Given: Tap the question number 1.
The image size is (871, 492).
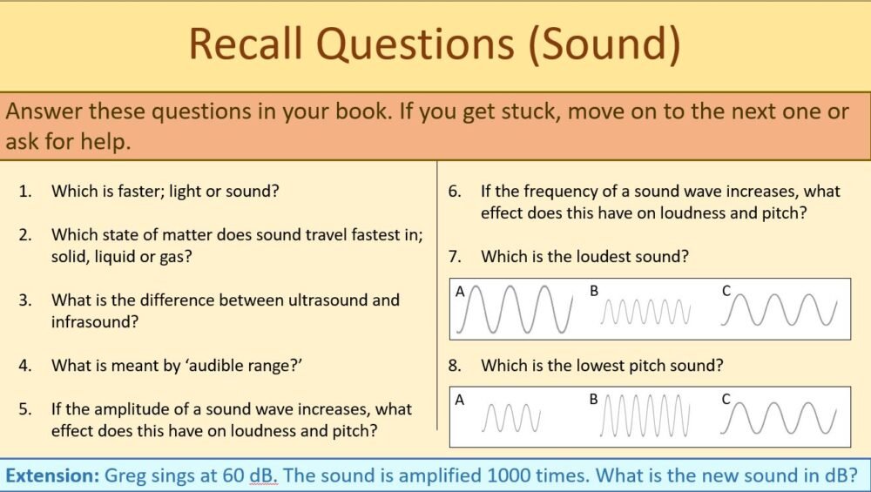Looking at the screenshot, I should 24,191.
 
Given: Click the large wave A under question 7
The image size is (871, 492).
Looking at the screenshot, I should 520,309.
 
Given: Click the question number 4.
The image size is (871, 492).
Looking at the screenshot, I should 24,366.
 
